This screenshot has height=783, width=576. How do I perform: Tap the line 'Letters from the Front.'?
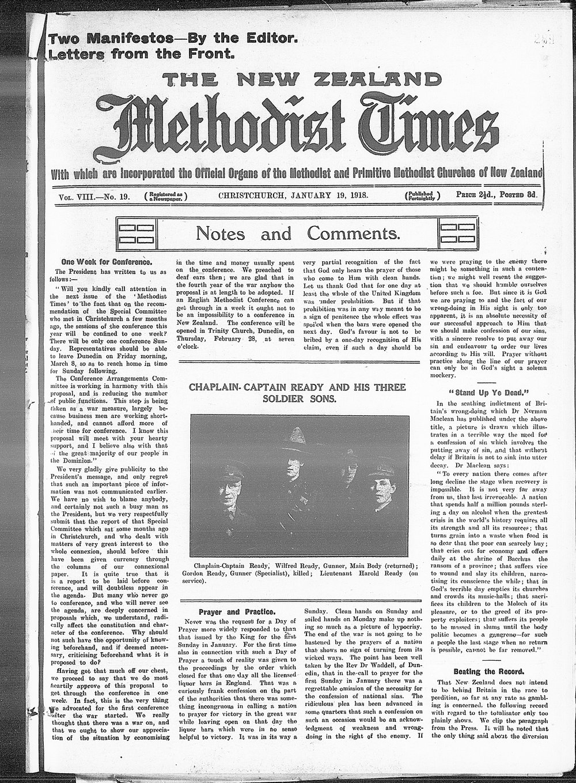142,55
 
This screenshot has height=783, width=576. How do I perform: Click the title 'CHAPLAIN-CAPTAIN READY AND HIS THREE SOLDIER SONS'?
297,392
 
